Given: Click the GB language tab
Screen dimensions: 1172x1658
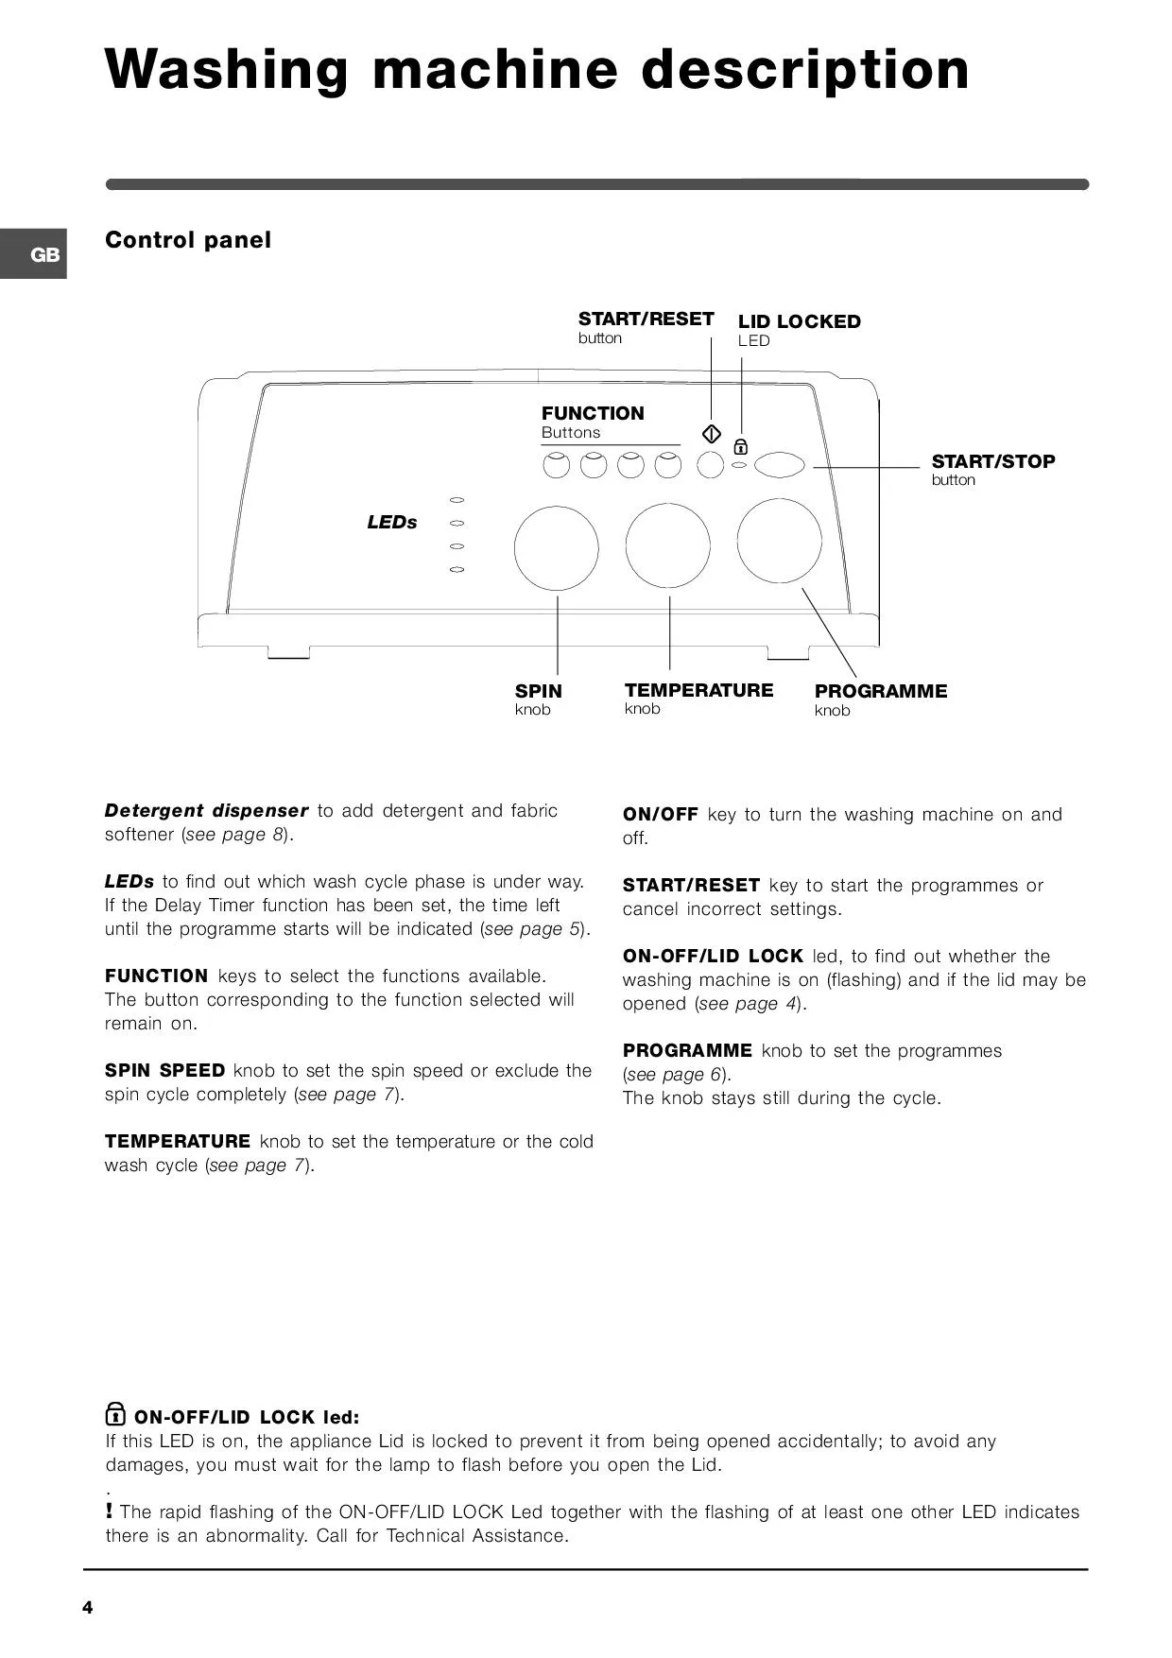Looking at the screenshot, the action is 33,254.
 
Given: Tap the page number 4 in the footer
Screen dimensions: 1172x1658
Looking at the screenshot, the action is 88,1608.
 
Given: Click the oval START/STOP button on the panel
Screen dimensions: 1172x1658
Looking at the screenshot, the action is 780,464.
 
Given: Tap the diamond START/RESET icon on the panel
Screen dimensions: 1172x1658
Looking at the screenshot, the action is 712,434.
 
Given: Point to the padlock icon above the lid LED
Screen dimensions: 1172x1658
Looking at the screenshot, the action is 741,447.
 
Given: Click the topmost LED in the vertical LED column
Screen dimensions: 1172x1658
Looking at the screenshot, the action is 457,499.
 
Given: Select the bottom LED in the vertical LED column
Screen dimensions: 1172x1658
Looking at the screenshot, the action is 457,570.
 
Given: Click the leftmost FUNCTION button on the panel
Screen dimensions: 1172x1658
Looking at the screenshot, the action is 556,465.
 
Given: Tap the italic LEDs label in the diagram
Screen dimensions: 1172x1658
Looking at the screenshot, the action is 392,522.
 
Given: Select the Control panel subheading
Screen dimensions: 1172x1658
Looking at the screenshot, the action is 188,240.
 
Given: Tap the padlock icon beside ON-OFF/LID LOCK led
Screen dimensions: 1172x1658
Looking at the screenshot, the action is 114,1414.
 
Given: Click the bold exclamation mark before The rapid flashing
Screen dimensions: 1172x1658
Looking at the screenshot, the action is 110,1511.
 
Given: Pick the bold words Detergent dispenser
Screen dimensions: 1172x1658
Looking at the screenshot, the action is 207,811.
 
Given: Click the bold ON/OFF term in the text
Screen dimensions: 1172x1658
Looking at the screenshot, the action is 661,815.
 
